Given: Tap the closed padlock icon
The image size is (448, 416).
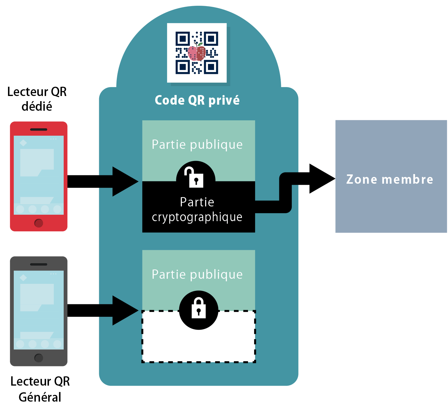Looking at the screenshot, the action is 199,308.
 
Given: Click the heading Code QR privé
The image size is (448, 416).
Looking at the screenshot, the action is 197,100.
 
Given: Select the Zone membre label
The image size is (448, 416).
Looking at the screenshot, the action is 390,179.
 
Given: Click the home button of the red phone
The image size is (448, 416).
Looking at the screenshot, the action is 39,223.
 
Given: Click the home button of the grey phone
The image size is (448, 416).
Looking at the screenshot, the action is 39,358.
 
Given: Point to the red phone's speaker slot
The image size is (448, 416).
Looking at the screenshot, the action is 39,130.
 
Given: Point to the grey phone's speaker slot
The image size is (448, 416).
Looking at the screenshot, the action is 39,264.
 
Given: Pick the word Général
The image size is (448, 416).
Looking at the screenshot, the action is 40,397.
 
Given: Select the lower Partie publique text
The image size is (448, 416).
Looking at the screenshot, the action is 197,275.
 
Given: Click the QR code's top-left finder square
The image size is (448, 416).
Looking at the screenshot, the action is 183,39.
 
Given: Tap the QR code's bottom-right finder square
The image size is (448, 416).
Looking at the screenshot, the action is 211,67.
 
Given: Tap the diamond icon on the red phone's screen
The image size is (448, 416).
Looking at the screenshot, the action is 23,143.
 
